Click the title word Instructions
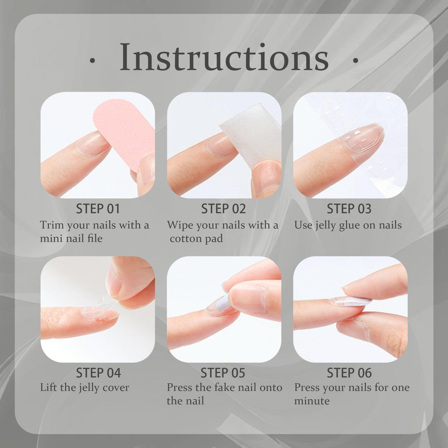pyautogui.click(x=224, y=57)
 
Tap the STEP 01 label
pyautogui.click(x=98, y=209)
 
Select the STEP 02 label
pyautogui.click(x=224, y=209)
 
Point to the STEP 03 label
pyautogui.click(x=349, y=209)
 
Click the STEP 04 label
pyautogui.click(x=98, y=373)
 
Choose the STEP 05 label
pyautogui.click(x=223, y=373)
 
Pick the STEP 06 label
pyautogui.click(x=349, y=373)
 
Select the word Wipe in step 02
pyautogui.click(x=180, y=225)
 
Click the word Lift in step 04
pyautogui.click(x=48, y=387)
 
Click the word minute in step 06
pyautogui.click(x=312, y=401)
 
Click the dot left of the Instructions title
pyautogui.click(x=92, y=61)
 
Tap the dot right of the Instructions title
pyautogui.click(x=355, y=61)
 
